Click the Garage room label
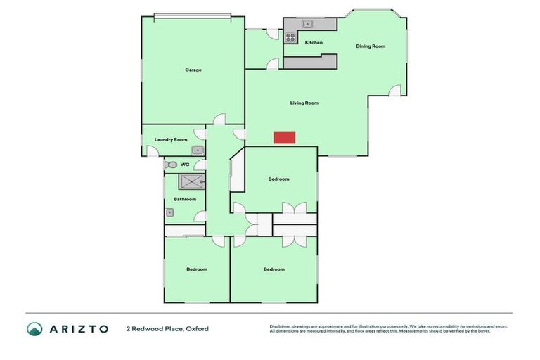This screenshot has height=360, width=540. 193,70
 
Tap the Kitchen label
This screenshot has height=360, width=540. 314,43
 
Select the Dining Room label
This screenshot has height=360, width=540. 371,46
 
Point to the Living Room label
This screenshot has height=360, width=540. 304,103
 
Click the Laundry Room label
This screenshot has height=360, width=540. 171,139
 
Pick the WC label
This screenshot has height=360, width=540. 185,165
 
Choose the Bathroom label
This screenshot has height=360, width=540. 185,199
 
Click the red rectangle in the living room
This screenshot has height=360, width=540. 284,138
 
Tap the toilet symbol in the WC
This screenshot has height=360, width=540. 171,165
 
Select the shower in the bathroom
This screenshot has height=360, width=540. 191,183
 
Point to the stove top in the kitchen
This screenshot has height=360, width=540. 290,37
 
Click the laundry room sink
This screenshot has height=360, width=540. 198,150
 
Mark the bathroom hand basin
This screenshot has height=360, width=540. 169,212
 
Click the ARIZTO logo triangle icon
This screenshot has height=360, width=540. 34,328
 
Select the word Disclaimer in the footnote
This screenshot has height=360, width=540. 283,326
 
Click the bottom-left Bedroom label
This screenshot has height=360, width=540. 197,269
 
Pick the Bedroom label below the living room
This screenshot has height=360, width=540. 278,179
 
